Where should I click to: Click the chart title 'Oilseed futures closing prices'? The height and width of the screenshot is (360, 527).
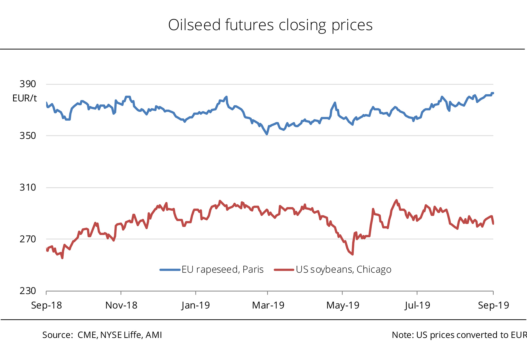tap(270, 25)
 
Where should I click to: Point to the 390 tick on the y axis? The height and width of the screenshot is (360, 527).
tap(28, 84)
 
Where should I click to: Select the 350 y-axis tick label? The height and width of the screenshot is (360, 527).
tap(28, 136)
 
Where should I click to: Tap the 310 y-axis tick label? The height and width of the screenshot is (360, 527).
tap(28, 187)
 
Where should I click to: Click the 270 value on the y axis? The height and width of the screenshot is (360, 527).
tap(28, 239)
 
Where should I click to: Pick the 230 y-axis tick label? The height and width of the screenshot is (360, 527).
tap(28, 291)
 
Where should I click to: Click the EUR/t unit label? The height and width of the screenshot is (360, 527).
tap(25, 98)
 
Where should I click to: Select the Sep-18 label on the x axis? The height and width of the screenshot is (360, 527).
tap(46, 305)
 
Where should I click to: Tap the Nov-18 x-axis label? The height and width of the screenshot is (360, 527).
tap(121, 305)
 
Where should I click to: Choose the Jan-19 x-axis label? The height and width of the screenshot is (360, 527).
tap(196, 305)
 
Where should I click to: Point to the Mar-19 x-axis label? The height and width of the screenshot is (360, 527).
tap(268, 305)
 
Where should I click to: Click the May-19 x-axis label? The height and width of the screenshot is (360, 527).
tap(342, 305)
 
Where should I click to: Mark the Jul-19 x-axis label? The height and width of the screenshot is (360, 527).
tap(417, 305)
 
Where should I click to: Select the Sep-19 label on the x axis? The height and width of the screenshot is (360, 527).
tap(493, 305)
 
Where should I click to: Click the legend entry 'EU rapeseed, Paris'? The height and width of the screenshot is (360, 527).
tap(212, 269)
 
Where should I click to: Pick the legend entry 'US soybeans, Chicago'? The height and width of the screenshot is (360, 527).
tap(332, 269)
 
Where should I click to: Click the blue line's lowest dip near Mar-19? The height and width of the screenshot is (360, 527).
tap(267, 134)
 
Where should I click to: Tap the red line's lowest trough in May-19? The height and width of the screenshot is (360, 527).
tap(352, 254)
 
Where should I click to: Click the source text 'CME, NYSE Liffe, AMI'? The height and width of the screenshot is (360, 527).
tap(120, 335)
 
